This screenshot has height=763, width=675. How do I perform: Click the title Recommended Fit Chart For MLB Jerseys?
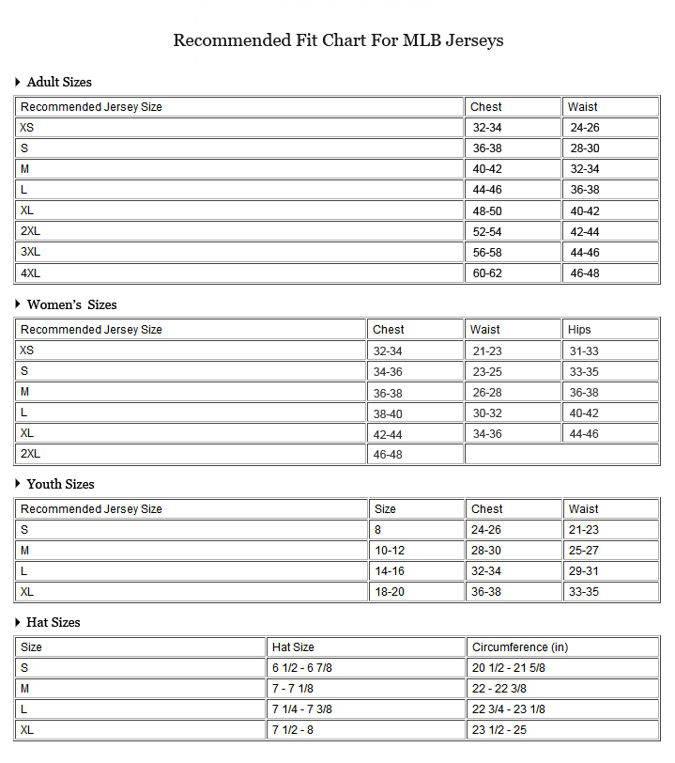(x=338, y=40)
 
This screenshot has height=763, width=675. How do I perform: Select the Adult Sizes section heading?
(x=59, y=82)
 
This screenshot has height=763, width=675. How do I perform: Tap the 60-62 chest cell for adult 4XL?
(x=486, y=273)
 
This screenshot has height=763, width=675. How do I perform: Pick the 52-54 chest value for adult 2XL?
(x=486, y=232)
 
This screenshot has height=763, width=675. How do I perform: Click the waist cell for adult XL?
(x=585, y=211)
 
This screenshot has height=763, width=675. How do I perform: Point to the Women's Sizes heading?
(x=71, y=304)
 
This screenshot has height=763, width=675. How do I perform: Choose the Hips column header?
(x=579, y=330)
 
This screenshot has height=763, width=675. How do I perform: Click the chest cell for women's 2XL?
(x=388, y=454)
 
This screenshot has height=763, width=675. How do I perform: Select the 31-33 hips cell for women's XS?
(x=584, y=351)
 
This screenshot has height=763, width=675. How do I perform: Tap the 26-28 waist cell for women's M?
(x=487, y=393)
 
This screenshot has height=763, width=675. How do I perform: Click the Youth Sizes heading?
(x=60, y=484)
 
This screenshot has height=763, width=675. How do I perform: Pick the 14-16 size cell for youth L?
(x=390, y=571)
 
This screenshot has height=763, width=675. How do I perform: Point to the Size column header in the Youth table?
(x=385, y=509)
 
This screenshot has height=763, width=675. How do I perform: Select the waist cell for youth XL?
(x=584, y=592)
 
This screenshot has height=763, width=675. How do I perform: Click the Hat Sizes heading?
(x=54, y=622)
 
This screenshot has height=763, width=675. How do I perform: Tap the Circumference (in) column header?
(x=520, y=647)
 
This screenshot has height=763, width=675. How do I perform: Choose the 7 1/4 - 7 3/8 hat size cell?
(x=301, y=709)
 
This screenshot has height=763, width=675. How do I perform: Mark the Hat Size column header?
(x=293, y=647)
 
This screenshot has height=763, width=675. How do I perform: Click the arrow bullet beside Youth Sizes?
(x=18, y=484)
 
